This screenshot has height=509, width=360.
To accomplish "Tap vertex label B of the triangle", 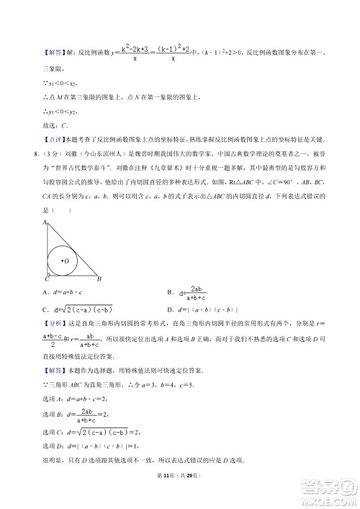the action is pyautogui.click(x=99, y=279).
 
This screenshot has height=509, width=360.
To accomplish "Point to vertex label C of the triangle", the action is pyautogui.click(x=46, y=279).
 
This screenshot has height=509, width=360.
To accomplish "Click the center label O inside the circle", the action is pyautogui.click(x=67, y=261).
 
